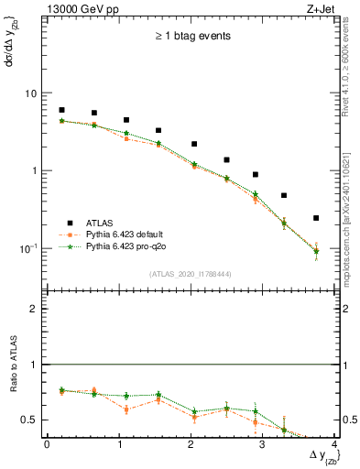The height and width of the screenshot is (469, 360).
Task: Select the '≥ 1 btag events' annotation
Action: pos(191,38)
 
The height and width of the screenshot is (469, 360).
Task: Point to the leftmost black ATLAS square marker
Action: pos(61,110)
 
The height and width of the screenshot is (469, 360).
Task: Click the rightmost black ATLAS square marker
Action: pos(316,218)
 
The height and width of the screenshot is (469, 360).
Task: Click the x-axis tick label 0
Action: pos(47,444)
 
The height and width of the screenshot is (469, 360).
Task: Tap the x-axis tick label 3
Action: pos(262,444)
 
